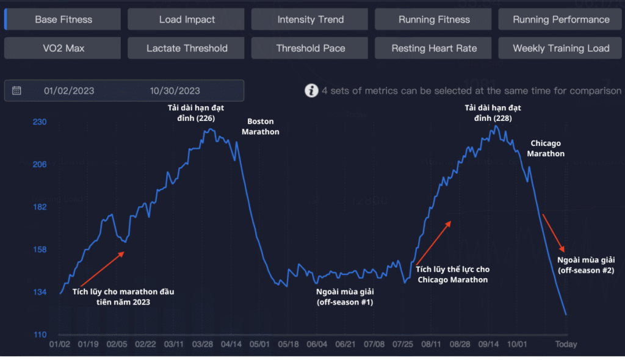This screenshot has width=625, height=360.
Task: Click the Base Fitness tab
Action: (63, 20)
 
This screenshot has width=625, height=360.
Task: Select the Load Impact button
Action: (187, 20)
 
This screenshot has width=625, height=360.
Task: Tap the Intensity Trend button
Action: (310, 20)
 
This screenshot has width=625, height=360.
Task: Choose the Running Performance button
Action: (561, 20)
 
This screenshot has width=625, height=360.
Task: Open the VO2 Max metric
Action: (63, 48)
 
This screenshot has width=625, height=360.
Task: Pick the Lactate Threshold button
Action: (187, 48)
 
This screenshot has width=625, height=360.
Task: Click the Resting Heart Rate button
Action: (434, 48)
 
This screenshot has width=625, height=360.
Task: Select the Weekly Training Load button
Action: (561, 48)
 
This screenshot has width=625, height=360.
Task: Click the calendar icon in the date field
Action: (16, 91)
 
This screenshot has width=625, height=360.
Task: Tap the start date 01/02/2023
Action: (69, 91)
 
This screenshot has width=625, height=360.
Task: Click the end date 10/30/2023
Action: (175, 91)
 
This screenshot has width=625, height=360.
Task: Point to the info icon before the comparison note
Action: (311, 91)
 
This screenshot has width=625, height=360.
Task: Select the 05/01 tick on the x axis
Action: (260, 344)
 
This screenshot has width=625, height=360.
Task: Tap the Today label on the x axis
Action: (566, 344)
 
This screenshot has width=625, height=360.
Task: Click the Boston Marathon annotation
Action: (261, 126)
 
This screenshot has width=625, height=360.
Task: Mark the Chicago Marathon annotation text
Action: (546, 148)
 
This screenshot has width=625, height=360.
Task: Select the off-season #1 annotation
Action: (345, 297)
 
